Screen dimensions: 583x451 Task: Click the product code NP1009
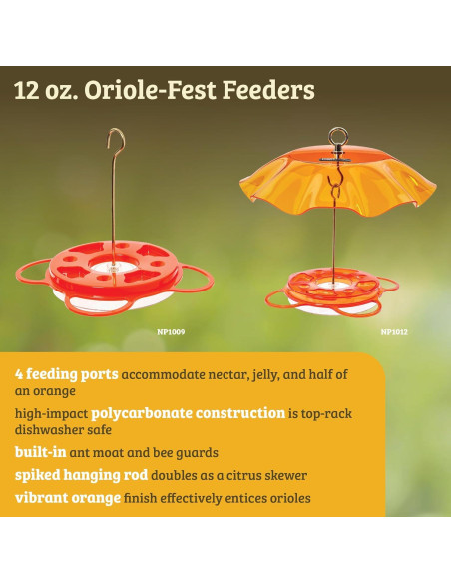click(x=171, y=331)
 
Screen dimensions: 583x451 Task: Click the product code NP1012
click(x=394, y=331)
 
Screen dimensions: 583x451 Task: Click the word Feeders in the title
click(x=267, y=91)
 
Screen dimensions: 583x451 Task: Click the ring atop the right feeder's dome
click(x=337, y=133)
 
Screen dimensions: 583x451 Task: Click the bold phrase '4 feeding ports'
click(x=66, y=374)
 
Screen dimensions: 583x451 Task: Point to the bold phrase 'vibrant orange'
click(x=67, y=498)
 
